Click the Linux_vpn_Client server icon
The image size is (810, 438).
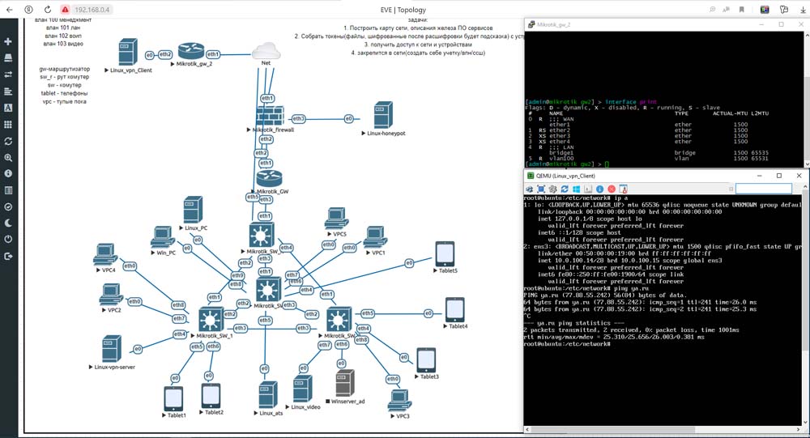(x=126, y=53)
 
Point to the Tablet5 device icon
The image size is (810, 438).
(x=446, y=254)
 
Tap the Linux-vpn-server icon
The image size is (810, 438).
(x=111, y=349)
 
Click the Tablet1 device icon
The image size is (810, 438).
(x=174, y=398)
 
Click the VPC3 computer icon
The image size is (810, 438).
(x=399, y=401)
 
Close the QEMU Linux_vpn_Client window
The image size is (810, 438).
(x=799, y=175)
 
